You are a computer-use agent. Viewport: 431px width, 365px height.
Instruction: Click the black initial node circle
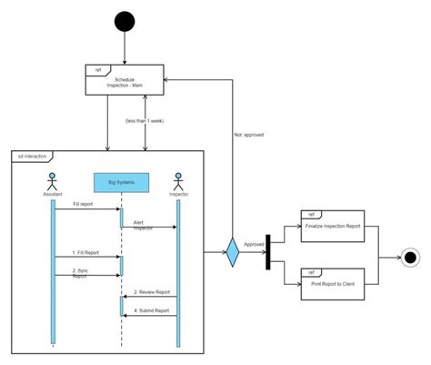pos(125,22)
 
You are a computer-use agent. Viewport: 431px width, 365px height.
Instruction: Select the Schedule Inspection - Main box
pos(125,81)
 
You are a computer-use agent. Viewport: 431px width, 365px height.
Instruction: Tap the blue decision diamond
pos(232,253)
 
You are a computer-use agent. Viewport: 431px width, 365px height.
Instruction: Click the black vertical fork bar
pos(268,252)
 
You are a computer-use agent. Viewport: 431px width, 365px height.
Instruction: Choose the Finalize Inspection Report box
pos(332,227)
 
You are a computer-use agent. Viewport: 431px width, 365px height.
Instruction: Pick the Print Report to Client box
pos(332,282)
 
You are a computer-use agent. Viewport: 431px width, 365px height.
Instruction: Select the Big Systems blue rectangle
pos(121,183)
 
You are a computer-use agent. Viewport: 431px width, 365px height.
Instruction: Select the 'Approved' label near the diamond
pos(255,244)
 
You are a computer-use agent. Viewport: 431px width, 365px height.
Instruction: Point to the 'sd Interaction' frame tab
pos(34,156)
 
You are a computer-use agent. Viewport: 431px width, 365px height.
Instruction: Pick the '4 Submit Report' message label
pos(151,310)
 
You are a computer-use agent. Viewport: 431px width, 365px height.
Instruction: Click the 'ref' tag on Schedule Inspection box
pos(96,68)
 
